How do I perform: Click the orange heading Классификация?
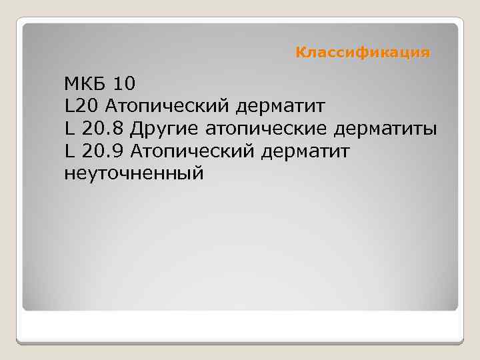(363, 52)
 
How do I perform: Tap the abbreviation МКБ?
(85, 84)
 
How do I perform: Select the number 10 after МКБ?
(124, 84)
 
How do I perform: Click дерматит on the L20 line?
(283, 106)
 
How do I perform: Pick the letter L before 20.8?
(69, 128)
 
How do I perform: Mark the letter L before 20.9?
(69, 151)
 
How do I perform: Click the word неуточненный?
(132, 173)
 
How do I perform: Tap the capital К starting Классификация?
(300, 52)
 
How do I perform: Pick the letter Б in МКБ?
(101, 84)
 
